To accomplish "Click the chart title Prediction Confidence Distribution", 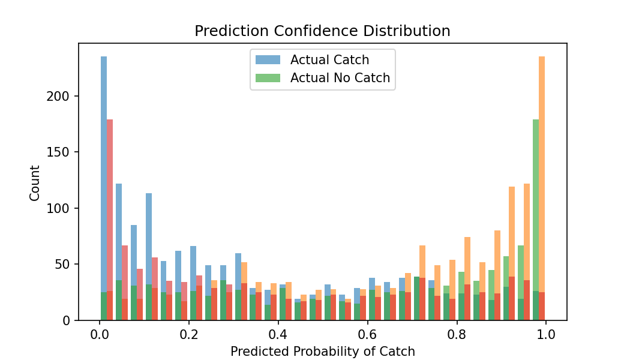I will (322, 31).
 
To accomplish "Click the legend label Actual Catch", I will (329, 60).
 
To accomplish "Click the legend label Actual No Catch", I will (340, 78).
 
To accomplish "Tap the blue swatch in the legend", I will (267, 60).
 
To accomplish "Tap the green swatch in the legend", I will (267, 78).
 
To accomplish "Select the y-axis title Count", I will (35, 183).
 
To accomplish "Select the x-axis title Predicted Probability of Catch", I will (322, 352).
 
